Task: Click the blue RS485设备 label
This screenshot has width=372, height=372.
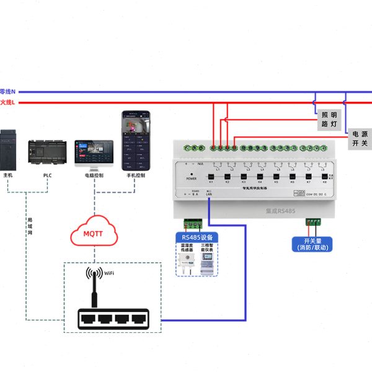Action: [x=197, y=237]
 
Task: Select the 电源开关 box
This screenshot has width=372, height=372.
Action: [x=360, y=138]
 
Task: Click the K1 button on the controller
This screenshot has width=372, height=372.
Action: [x=211, y=178]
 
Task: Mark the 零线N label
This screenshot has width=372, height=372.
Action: [x=7, y=91]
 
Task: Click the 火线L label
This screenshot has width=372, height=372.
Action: [x=7, y=102]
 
